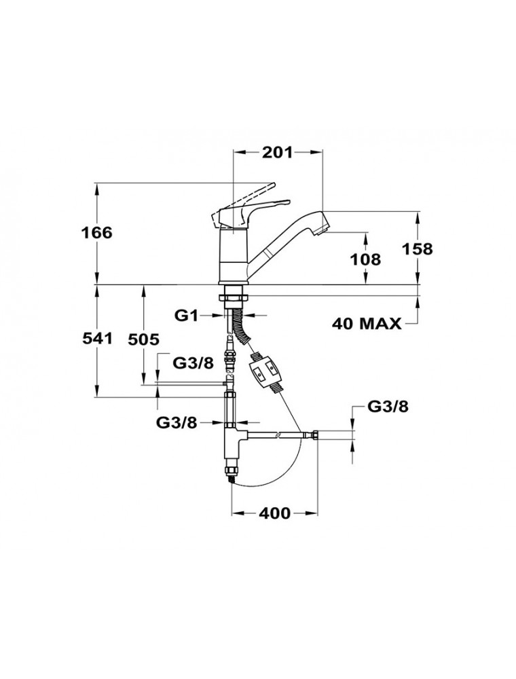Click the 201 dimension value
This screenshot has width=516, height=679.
coord(277,153)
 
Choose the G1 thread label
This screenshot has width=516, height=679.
coord(185,315)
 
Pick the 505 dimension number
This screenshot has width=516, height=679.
coord(143,339)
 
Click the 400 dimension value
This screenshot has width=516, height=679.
coord(276,513)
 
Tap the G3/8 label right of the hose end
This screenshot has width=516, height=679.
coord(388,407)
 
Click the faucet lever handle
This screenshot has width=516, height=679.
coord(248,204)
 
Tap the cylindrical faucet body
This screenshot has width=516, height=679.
coord(233,258)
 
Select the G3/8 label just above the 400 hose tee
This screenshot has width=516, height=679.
coord(177,422)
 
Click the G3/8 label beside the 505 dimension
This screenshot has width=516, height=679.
coord(193,363)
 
